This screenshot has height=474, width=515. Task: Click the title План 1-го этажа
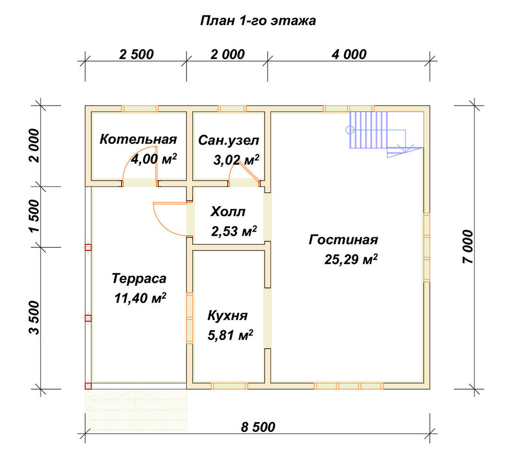(x=258, y=21)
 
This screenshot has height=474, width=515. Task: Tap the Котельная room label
(x=138, y=139)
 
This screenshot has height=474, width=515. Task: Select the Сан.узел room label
(x=229, y=141)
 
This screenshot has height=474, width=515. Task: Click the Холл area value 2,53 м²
(x=234, y=231)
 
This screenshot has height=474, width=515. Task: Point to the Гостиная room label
(x=343, y=240)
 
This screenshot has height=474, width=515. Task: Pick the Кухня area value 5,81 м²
(x=230, y=335)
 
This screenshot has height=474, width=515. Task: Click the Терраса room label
(x=139, y=278)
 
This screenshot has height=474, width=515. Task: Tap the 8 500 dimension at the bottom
(x=258, y=427)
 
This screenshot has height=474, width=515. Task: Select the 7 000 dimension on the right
(x=468, y=247)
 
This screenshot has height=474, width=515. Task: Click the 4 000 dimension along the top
(x=349, y=54)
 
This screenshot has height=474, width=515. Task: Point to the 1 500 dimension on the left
(x=34, y=216)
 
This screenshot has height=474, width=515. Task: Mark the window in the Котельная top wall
(x=140, y=109)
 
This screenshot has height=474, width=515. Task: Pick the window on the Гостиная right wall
(x=426, y=247)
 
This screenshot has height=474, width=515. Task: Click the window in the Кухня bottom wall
(x=229, y=386)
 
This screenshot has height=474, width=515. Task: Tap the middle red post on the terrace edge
(x=88, y=318)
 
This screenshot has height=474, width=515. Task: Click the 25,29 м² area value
(x=351, y=259)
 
